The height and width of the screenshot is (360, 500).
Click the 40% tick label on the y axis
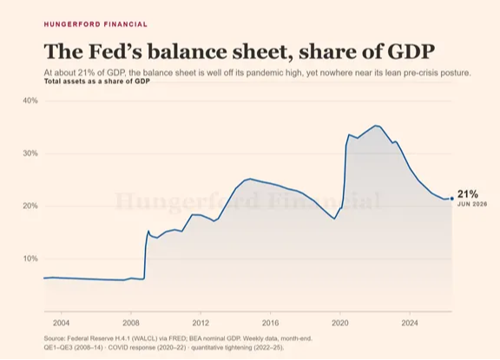point(30,101)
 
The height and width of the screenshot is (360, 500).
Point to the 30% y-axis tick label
point(30,154)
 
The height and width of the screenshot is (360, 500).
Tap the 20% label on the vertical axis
point(30,206)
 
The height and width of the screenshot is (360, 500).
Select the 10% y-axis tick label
point(30,259)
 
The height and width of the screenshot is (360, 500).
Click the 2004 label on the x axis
point(61,323)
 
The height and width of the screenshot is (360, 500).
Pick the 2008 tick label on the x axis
point(131,323)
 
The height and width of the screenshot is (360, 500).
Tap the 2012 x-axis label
point(201,323)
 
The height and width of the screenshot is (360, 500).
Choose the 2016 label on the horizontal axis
point(271,323)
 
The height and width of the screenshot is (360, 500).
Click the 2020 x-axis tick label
point(340,323)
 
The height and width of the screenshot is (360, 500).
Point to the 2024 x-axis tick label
point(410,323)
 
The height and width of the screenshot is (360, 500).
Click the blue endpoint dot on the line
point(452,199)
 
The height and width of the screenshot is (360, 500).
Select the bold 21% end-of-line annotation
point(468,194)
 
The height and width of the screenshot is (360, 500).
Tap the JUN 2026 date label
point(472,204)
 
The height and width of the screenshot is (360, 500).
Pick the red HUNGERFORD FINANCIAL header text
point(95,24)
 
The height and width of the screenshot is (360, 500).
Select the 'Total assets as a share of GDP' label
point(97,82)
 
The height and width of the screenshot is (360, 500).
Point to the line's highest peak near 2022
point(376,125)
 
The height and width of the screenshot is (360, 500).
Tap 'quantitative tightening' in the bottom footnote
point(220,347)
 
